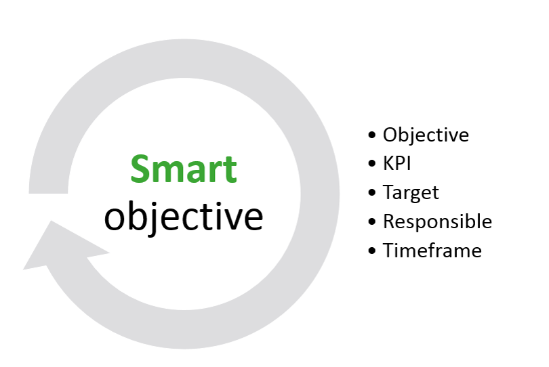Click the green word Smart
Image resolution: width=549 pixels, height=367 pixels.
[x=184, y=169]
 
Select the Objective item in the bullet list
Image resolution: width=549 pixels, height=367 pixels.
[x=426, y=135]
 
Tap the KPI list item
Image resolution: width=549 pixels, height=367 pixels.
[x=396, y=163]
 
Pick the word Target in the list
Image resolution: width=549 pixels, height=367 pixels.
[x=411, y=193]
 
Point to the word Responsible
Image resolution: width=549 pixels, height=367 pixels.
[x=437, y=222]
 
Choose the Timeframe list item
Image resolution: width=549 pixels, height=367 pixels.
[x=432, y=251]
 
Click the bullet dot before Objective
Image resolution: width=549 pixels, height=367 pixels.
[x=372, y=135]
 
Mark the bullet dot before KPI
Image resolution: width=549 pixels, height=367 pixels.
[x=372, y=164]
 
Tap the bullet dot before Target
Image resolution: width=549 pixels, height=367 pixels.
[x=372, y=192]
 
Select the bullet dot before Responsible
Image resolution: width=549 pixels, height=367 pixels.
[x=372, y=221]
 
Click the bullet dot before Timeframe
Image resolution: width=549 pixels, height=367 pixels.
[x=372, y=251]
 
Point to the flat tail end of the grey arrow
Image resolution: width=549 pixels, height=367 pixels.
[x=48, y=193]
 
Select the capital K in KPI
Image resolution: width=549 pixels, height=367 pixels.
[x=388, y=163]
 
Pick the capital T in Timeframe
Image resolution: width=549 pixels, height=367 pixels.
[x=389, y=251]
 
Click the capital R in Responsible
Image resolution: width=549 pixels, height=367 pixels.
[x=389, y=222]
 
